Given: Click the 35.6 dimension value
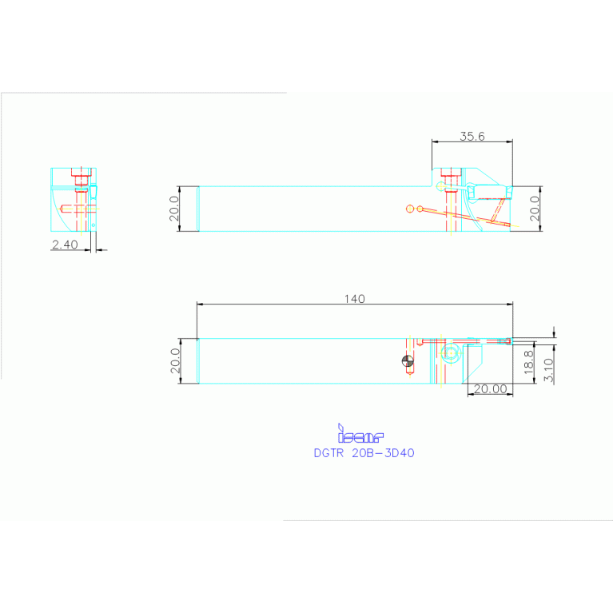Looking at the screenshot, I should (x=472, y=137).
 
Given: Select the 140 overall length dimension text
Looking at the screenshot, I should (x=355, y=299).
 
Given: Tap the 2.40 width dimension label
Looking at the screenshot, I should (x=65, y=245).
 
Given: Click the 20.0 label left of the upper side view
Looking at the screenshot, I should (x=175, y=209).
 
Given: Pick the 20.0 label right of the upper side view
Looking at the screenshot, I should (x=535, y=209).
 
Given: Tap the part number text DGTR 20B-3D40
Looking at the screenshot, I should (x=364, y=452).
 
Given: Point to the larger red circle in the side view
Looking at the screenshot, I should (x=421, y=209).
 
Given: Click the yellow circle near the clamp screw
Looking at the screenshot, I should (x=440, y=185).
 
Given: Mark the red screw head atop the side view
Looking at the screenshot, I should (x=449, y=174).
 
